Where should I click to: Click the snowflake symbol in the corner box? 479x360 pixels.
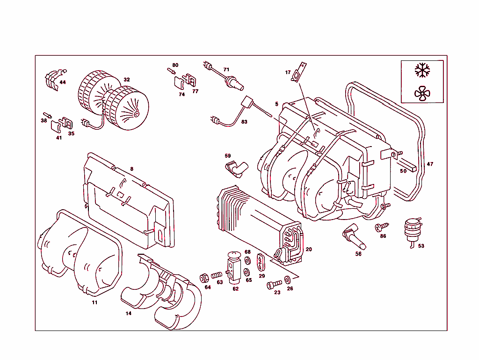[422, 71]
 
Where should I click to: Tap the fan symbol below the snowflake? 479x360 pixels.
[422, 94]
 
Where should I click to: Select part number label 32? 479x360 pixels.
[127, 80]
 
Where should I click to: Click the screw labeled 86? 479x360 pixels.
[379, 228]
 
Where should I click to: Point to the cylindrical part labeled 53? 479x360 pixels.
[412, 228]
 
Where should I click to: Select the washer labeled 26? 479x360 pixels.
[288, 280]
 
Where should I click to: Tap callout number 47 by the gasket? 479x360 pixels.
[430, 164]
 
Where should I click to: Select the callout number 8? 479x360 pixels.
[132, 169]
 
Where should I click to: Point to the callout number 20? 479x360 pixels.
[309, 250]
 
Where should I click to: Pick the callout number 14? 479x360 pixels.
[129, 314]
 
